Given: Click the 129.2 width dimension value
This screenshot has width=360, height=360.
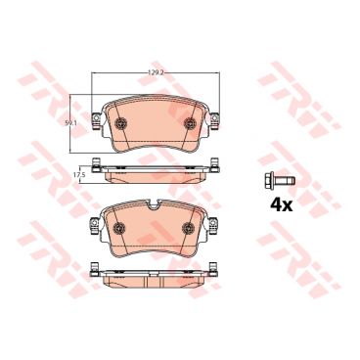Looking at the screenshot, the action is tap(157, 73).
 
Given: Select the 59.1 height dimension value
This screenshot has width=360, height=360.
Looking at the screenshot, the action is tap(67, 123).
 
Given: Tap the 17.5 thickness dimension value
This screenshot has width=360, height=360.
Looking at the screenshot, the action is tap(76, 175).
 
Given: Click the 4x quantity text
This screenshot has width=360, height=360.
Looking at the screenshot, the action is tap(282, 205).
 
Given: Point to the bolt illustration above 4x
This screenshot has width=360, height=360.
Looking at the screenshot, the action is tap(280, 180).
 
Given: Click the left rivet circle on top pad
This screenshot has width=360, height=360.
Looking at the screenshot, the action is tap(121, 123).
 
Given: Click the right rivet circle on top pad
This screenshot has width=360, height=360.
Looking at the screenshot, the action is tap(190, 123).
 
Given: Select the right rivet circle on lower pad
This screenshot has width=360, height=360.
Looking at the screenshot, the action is tap(189, 228).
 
